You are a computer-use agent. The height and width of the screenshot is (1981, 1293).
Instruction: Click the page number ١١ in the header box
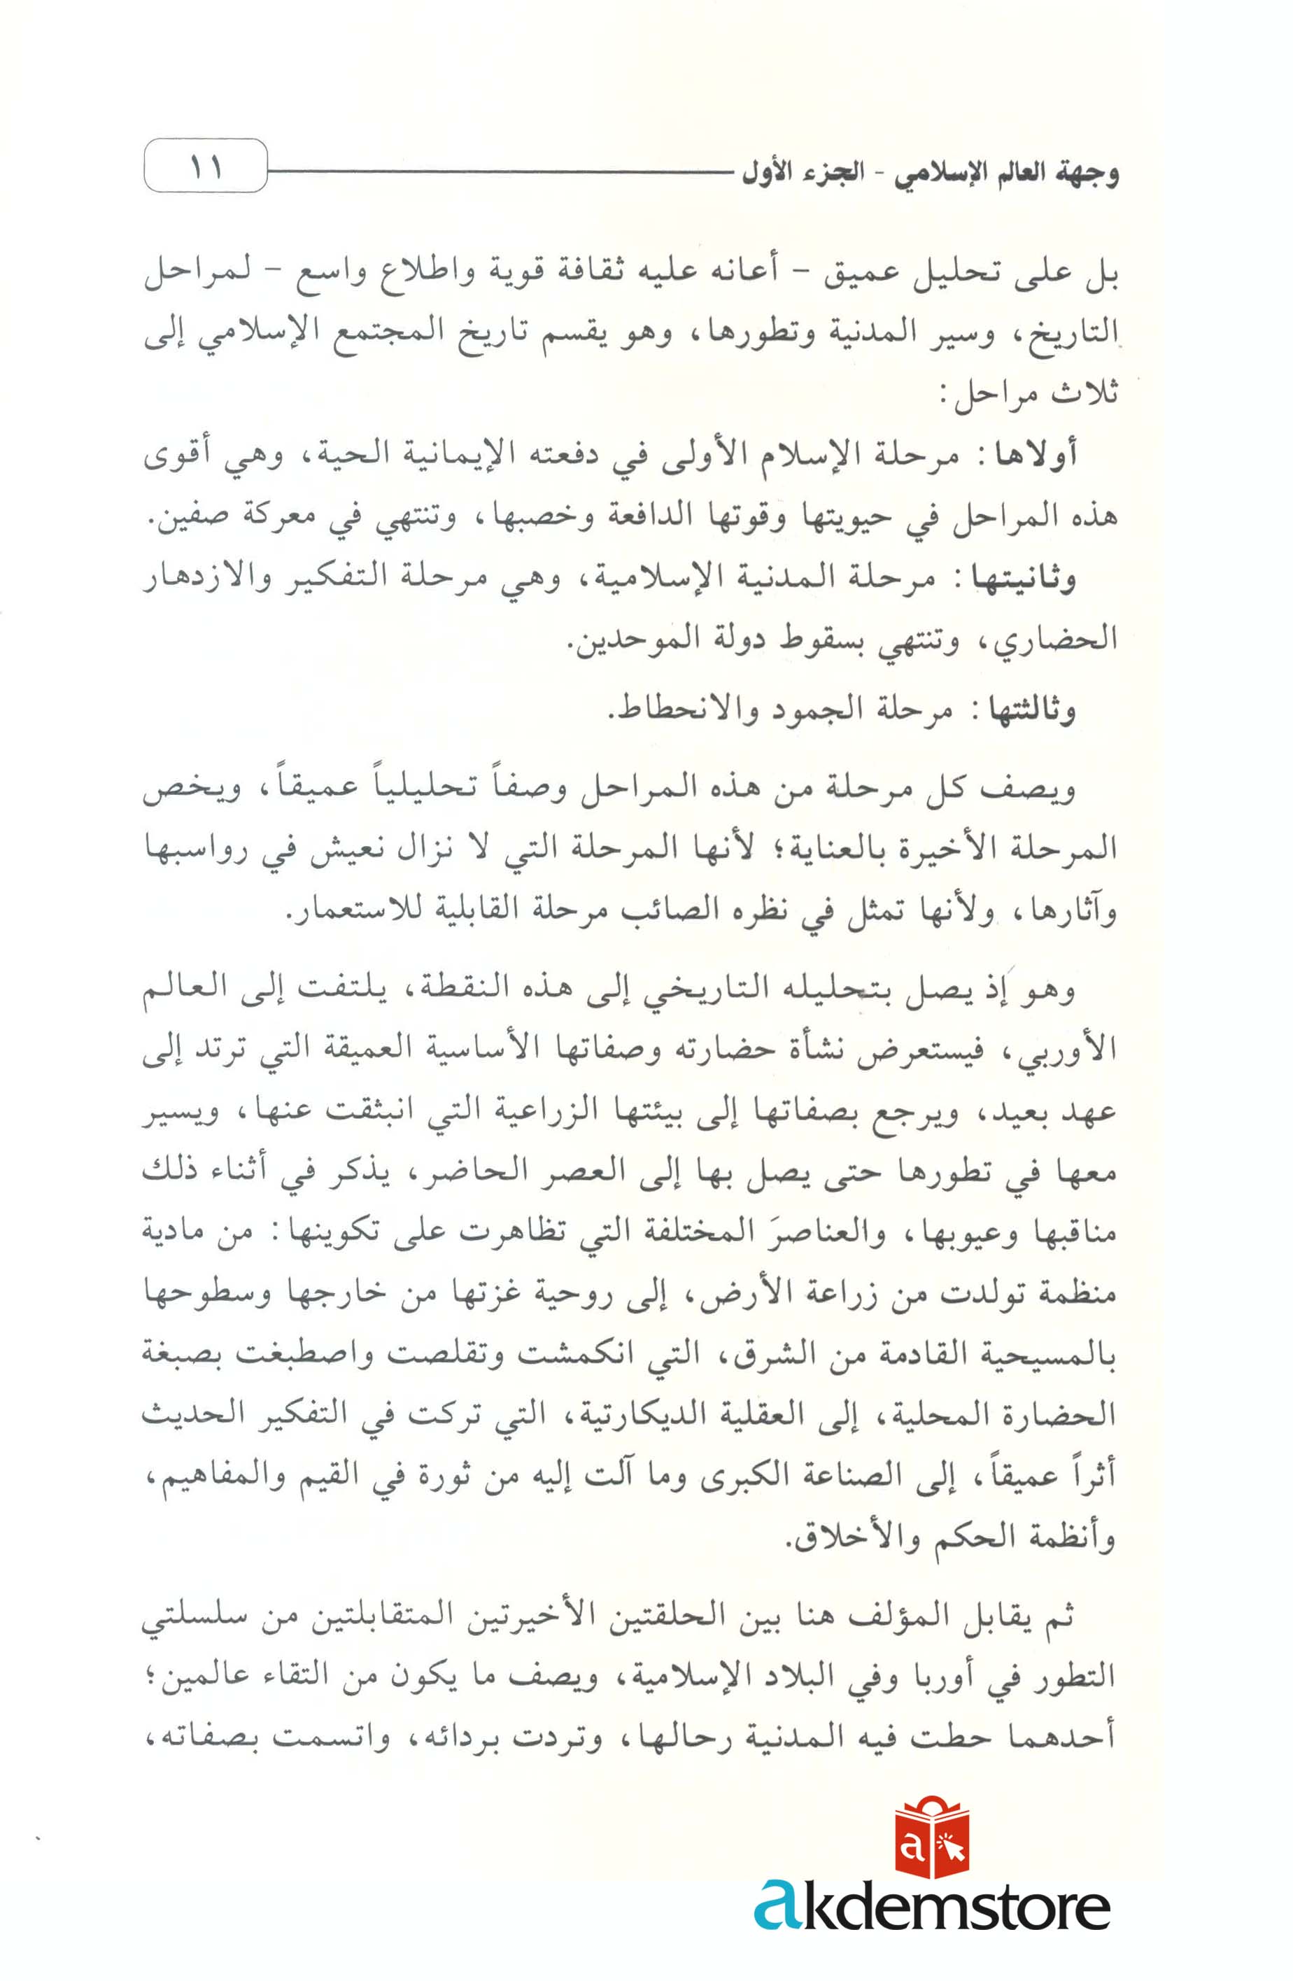pyautogui.click(x=206, y=167)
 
